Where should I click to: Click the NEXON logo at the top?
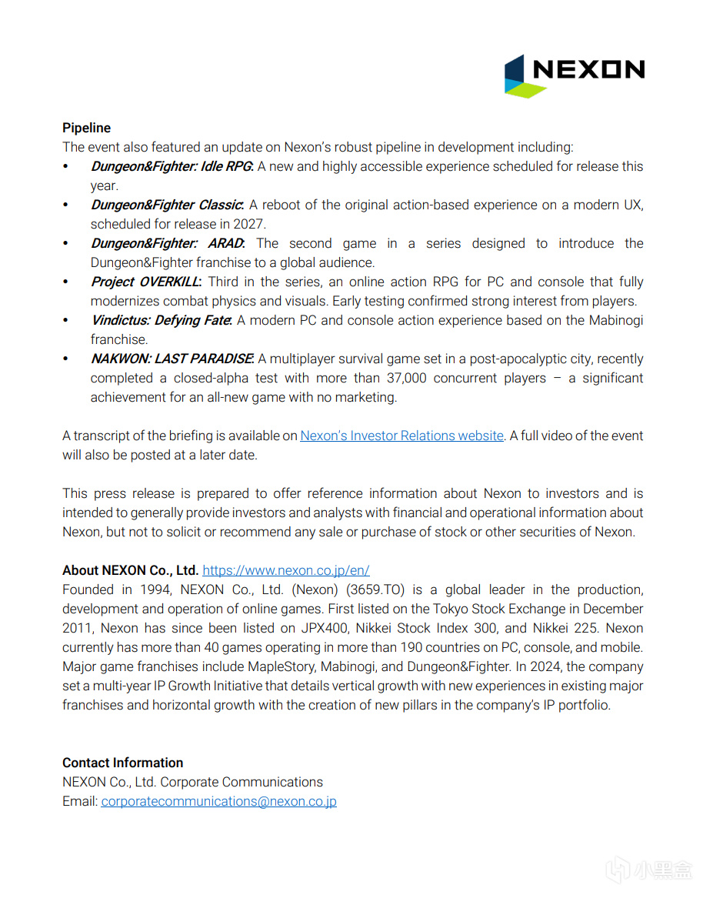tap(574, 75)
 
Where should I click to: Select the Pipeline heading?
tap(86, 128)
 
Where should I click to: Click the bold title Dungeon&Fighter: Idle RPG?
tap(171, 166)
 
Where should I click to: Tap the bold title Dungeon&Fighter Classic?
tap(166, 205)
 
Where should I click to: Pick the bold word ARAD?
tap(225, 243)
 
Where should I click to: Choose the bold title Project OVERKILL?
tap(145, 282)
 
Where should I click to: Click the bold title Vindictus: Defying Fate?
tap(160, 320)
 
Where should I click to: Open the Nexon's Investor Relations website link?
tap(401, 436)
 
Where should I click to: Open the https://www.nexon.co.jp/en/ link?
tap(285, 570)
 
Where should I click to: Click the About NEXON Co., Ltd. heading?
tap(130, 570)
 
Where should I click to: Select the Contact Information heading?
tap(122, 763)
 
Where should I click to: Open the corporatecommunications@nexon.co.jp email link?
tap(218, 801)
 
